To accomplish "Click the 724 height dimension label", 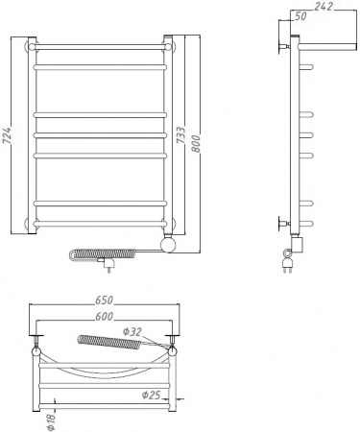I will tap(10, 136).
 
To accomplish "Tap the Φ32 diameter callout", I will tap(133, 332).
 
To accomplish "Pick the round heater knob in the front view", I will tap(169, 247).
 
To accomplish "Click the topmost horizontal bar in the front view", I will tap(101, 45).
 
